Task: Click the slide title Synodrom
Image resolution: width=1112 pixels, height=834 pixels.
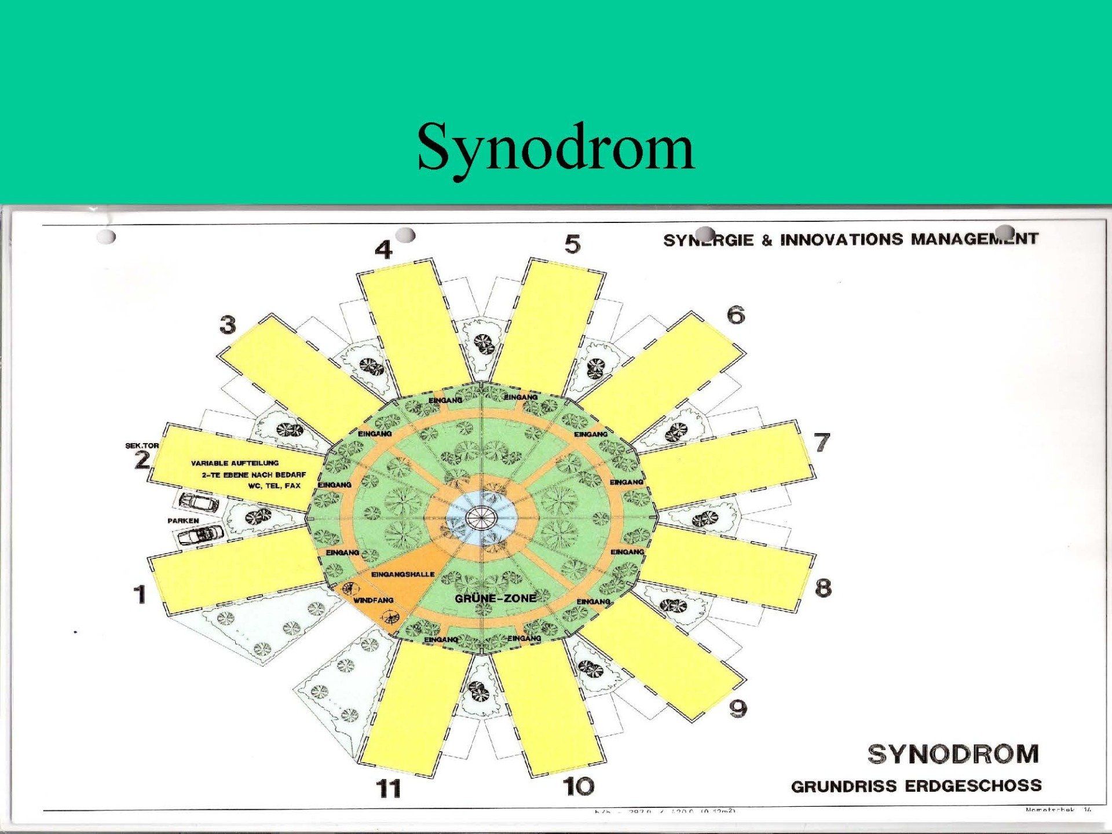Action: [x=555, y=148]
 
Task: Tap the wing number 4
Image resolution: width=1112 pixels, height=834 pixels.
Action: [x=383, y=250]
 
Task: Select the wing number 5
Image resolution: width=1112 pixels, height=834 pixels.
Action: [x=572, y=244]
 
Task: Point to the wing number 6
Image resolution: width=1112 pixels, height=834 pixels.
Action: [x=736, y=315]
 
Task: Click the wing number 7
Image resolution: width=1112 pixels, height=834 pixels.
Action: [x=822, y=442]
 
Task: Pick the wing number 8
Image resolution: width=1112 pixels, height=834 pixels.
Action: [x=822, y=588]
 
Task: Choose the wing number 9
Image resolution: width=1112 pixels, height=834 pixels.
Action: [x=738, y=708]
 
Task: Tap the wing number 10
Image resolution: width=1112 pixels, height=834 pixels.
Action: [x=579, y=786]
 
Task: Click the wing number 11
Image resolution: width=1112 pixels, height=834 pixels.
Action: [x=389, y=788]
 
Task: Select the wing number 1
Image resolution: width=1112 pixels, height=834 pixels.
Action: [x=140, y=594]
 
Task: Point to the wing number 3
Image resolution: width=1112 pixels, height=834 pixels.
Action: [x=228, y=325]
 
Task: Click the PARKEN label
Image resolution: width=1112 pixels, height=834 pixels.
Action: [x=183, y=521]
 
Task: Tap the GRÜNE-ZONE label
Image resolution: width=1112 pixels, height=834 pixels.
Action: [x=495, y=598]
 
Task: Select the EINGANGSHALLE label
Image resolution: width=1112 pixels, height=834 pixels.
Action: [x=403, y=574]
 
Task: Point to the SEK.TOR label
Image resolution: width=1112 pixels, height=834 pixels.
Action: [x=142, y=445]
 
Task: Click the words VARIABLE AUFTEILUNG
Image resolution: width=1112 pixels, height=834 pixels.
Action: [x=235, y=463]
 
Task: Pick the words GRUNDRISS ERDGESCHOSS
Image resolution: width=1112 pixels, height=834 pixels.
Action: [x=916, y=786]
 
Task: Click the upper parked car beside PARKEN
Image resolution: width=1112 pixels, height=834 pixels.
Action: [x=199, y=502]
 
